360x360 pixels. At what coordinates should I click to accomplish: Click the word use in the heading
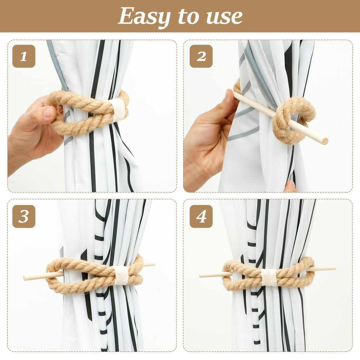pyautogui.click(x=225, y=17)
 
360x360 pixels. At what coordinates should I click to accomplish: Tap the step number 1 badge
pyautogui.click(x=24, y=56)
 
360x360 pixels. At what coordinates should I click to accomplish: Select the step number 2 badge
pyautogui.click(x=201, y=56)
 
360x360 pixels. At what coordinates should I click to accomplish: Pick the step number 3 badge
pyautogui.click(x=24, y=216)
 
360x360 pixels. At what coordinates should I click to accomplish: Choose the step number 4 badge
pyautogui.click(x=201, y=216)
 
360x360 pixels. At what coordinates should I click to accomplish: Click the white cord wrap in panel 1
pyautogui.click(x=118, y=109)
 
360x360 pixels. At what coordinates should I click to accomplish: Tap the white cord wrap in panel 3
pyautogui.click(x=121, y=275)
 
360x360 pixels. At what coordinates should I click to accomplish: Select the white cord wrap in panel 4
pyautogui.click(x=269, y=277)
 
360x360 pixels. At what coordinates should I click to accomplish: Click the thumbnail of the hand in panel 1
pyautogui.click(x=49, y=112)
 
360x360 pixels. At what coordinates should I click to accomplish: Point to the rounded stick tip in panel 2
pyautogui.click(x=324, y=141)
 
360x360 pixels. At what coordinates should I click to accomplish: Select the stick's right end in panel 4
pyautogui.click(x=334, y=268)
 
